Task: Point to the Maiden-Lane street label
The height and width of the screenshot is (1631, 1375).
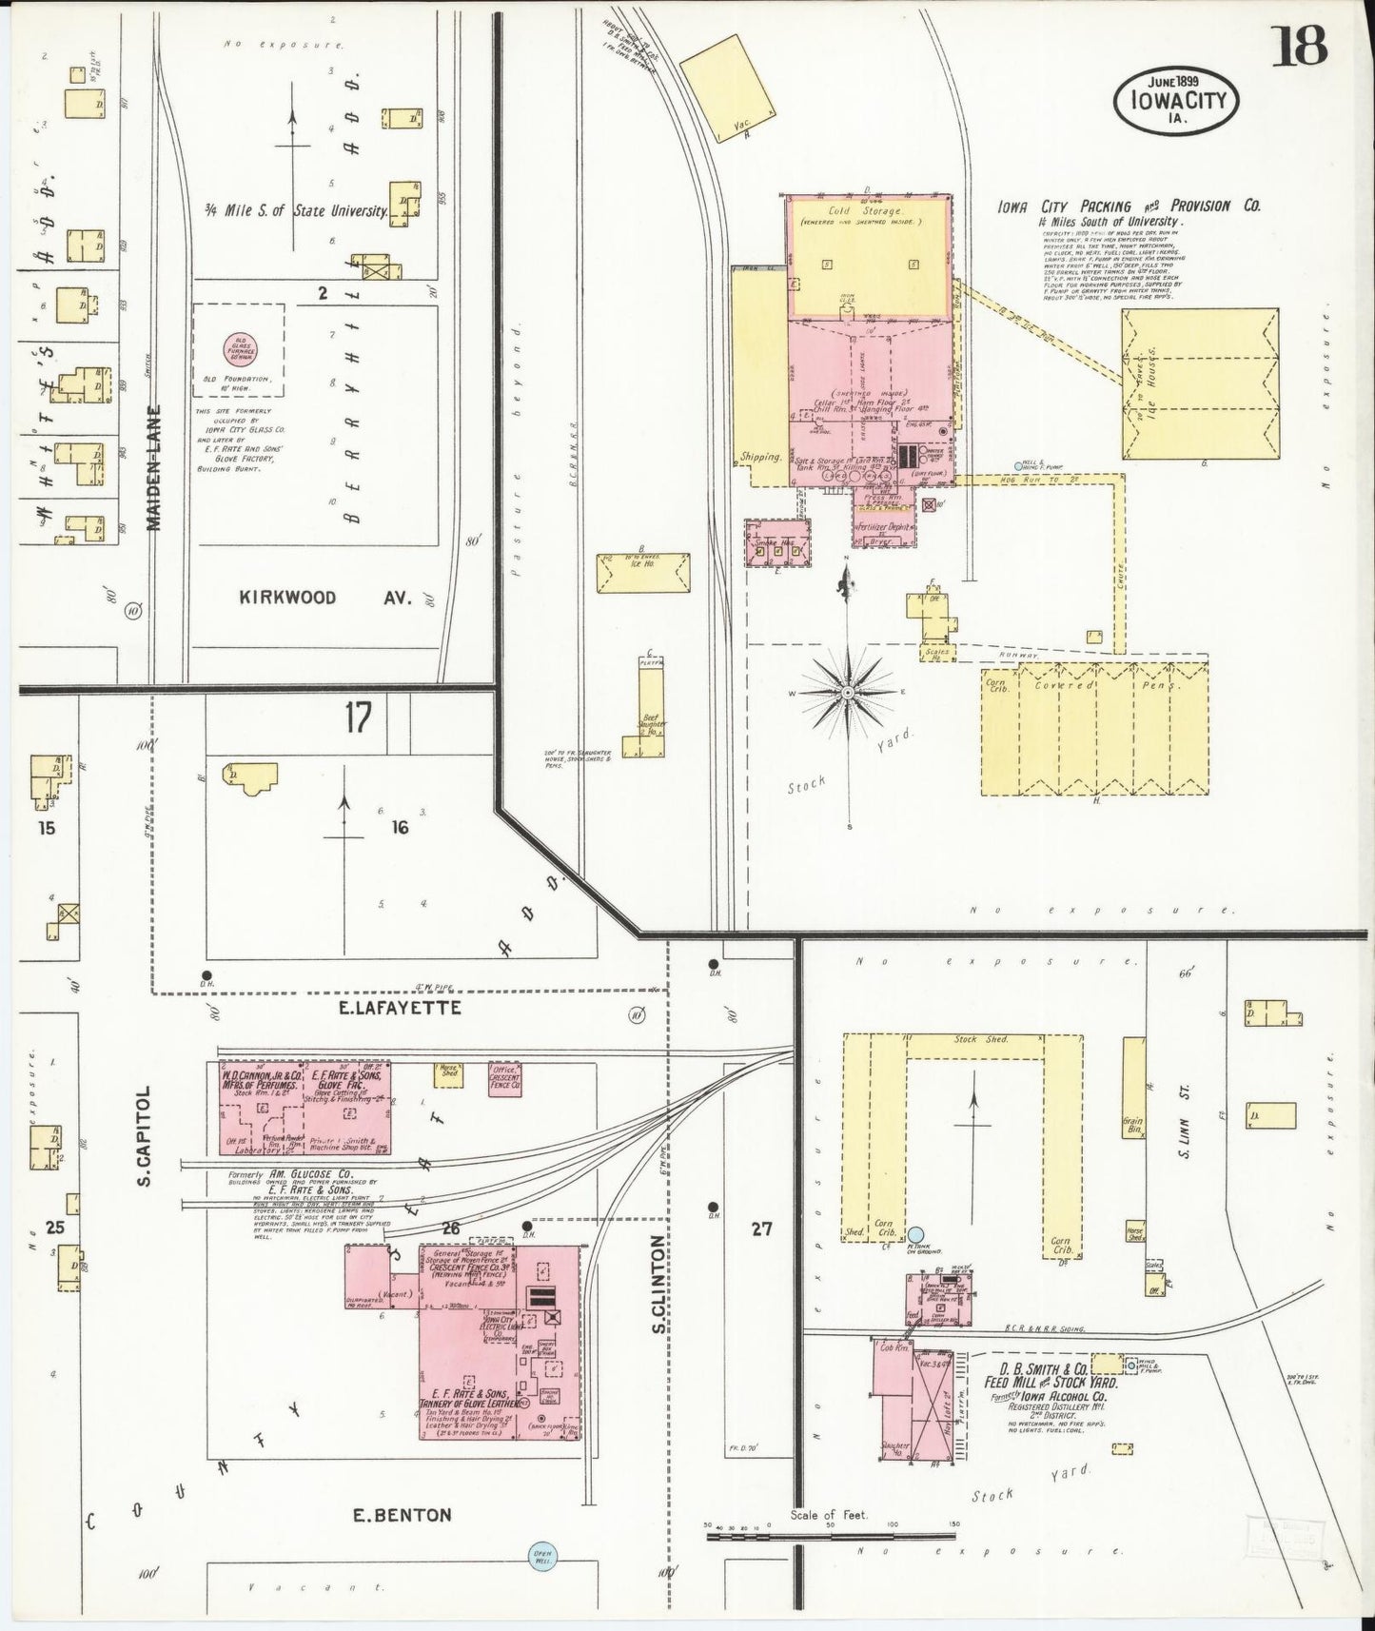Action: pos(156,468)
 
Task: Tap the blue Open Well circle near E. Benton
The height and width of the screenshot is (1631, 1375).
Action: pos(546,1557)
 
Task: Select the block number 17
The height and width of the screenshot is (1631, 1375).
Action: pos(358,718)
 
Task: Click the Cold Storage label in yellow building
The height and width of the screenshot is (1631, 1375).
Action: pos(864,210)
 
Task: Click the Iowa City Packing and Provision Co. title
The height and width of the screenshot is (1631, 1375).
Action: pos(1129,206)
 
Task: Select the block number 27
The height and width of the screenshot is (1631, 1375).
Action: pos(761,1228)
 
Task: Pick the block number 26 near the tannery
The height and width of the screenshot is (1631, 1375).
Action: pos(450,1228)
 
